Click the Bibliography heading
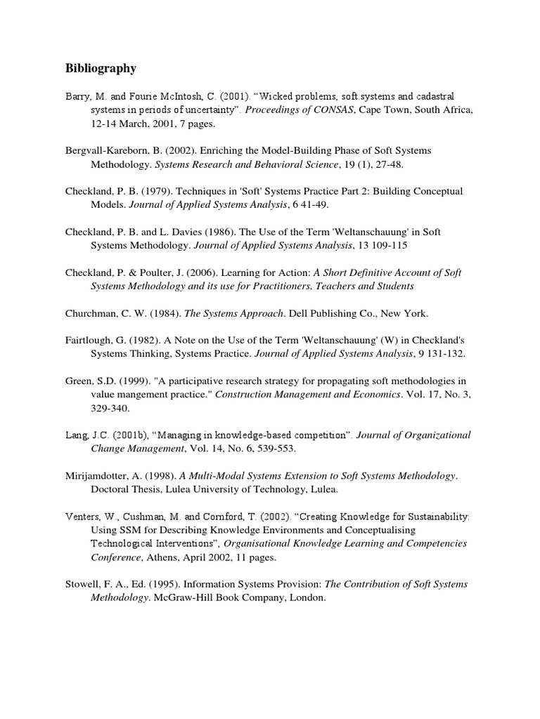pyautogui.click(x=101, y=68)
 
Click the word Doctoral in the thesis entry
pyautogui.click(x=110, y=489)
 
